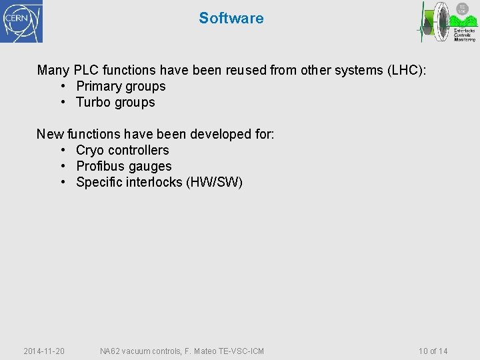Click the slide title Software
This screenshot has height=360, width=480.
coord(231,18)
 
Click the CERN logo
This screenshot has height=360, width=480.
coord(21,21)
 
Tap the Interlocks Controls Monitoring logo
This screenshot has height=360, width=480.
coord(447,22)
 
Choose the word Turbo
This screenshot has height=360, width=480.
coord(93,102)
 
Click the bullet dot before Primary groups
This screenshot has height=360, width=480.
coord(63,86)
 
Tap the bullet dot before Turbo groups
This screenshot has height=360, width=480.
coord(63,102)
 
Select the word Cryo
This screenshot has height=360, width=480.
coord(90,150)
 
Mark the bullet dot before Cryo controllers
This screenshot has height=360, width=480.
coord(63,150)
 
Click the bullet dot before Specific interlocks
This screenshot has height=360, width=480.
coord(63,182)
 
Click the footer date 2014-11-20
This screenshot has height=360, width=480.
coord(44,351)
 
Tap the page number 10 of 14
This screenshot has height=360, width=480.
coord(433,351)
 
